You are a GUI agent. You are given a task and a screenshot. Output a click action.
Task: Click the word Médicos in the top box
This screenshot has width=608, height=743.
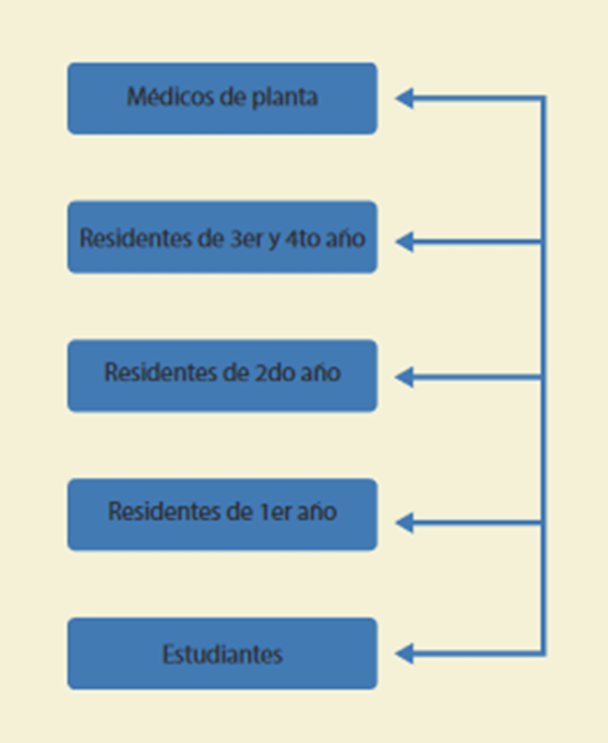pyautogui.click(x=171, y=96)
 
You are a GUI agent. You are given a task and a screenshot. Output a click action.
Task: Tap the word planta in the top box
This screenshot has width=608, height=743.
pyautogui.click(x=284, y=97)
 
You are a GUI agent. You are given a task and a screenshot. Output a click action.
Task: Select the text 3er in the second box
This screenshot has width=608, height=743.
pyautogui.click(x=246, y=238)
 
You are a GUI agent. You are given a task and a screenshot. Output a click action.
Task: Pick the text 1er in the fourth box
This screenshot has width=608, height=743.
pyautogui.click(x=276, y=511)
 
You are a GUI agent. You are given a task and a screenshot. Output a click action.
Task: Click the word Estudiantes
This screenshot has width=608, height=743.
pyautogui.click(x=223, y=654)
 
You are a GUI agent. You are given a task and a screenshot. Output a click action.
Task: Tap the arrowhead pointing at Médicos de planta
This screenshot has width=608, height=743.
pyautogui.click(x=404, y=98)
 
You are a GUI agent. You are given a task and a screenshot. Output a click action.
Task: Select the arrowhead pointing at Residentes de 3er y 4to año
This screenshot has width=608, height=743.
pyautogui.click(x=404, y=242)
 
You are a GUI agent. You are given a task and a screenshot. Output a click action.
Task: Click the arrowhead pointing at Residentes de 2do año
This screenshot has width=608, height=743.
pyautogui.click(x=404, y=378)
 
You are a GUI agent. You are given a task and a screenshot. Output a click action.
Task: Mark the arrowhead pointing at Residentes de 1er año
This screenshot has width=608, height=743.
pyautogui.click(x=404, y=522)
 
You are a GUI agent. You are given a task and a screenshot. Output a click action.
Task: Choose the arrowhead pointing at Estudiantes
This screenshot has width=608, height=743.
pyautogui.click(x=404, y=654)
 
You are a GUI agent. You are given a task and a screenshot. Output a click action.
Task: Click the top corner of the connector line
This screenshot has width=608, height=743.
pyautogui.click(x=544, y=98)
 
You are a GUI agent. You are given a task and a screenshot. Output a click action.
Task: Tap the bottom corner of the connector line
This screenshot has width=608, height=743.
pyautogui.click(x=544, y=654)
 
